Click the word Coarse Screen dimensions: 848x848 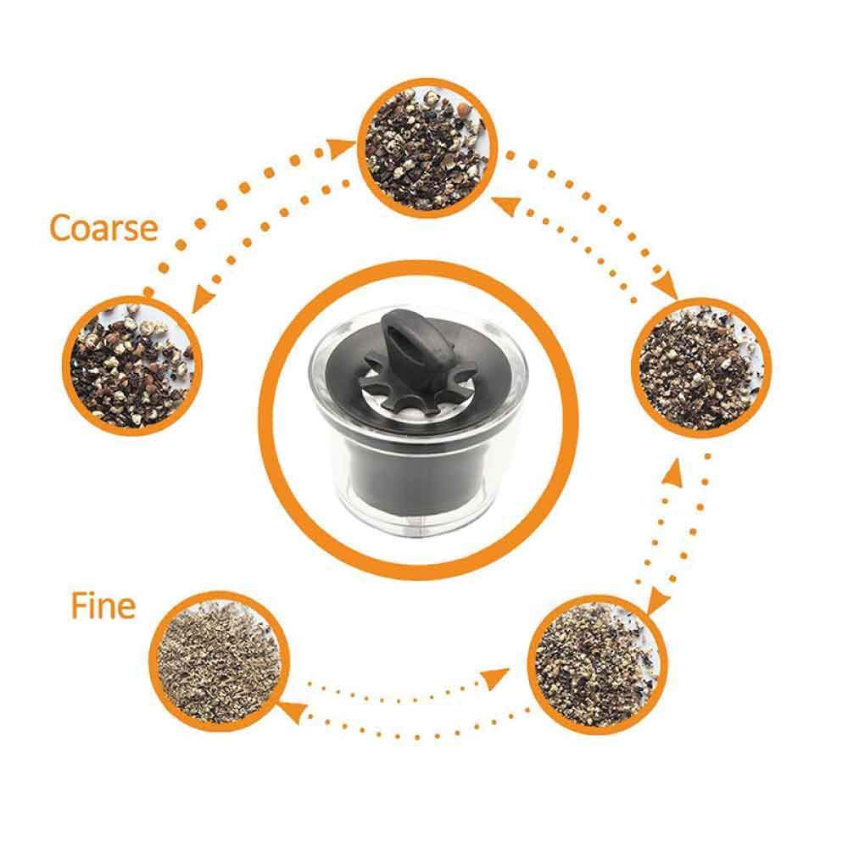(103, 227)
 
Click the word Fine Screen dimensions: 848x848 (103, 607)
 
